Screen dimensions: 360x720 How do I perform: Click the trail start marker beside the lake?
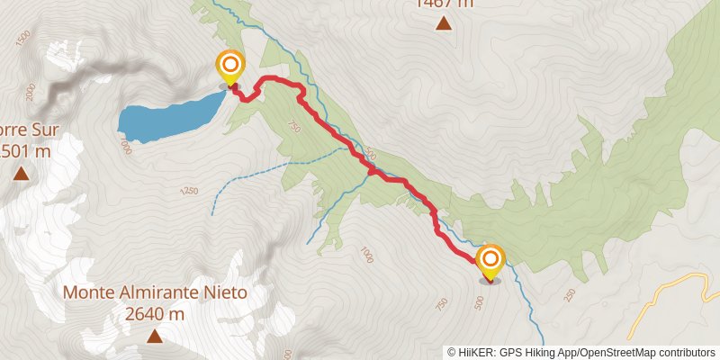[x=231, y=66]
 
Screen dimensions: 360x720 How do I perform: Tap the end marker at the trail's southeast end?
[x=490, y=262]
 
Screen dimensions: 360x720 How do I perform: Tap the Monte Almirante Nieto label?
[x=155, y=293]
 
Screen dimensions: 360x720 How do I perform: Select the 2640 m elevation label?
[x=155, y=314]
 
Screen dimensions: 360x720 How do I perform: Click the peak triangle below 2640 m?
[x=155, y=337]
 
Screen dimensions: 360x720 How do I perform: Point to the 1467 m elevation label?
[x=443, y=4]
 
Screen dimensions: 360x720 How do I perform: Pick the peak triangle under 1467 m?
[x=443, y=22]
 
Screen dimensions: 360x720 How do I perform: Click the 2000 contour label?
[x=30, y=91]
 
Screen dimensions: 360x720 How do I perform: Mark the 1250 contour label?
[x=188, y=192]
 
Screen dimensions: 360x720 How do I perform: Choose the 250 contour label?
[x=569, y=295]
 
